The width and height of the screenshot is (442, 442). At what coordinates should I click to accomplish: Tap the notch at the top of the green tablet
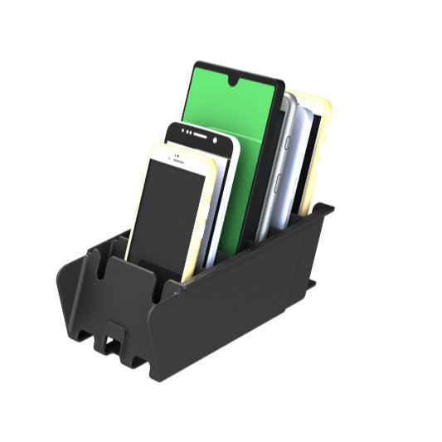point(237,81)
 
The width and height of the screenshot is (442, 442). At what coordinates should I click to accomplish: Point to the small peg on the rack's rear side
point(312,284)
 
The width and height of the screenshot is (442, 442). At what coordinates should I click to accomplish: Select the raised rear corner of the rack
point(323,211)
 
